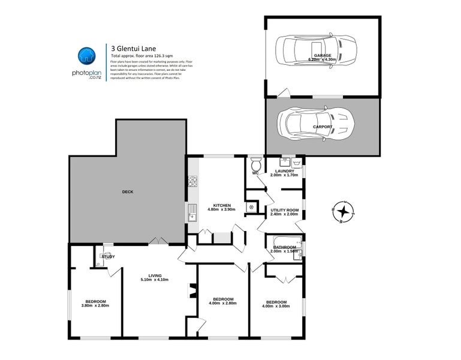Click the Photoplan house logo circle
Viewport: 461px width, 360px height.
tap(87, 56)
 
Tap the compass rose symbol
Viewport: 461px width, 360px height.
tap(342, 211)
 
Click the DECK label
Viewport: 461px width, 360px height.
tap(128, 192)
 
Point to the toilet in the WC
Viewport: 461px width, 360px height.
tap(256, 164)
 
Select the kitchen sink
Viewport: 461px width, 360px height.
tap(192, 212)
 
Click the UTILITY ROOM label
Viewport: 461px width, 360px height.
tap(284, 210)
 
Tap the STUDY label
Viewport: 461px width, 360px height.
tap(108, 257)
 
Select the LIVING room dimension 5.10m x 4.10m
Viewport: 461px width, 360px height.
tap(154, 280)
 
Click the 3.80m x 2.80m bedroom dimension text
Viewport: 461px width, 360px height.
tap(95, 305)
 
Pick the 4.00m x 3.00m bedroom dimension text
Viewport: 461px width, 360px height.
tap(276, 306)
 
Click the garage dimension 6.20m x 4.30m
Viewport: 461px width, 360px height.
tap(323, 59)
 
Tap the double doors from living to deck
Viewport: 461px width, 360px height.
tap(158, 241)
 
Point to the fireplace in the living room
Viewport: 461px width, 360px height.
tap(193, 291)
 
